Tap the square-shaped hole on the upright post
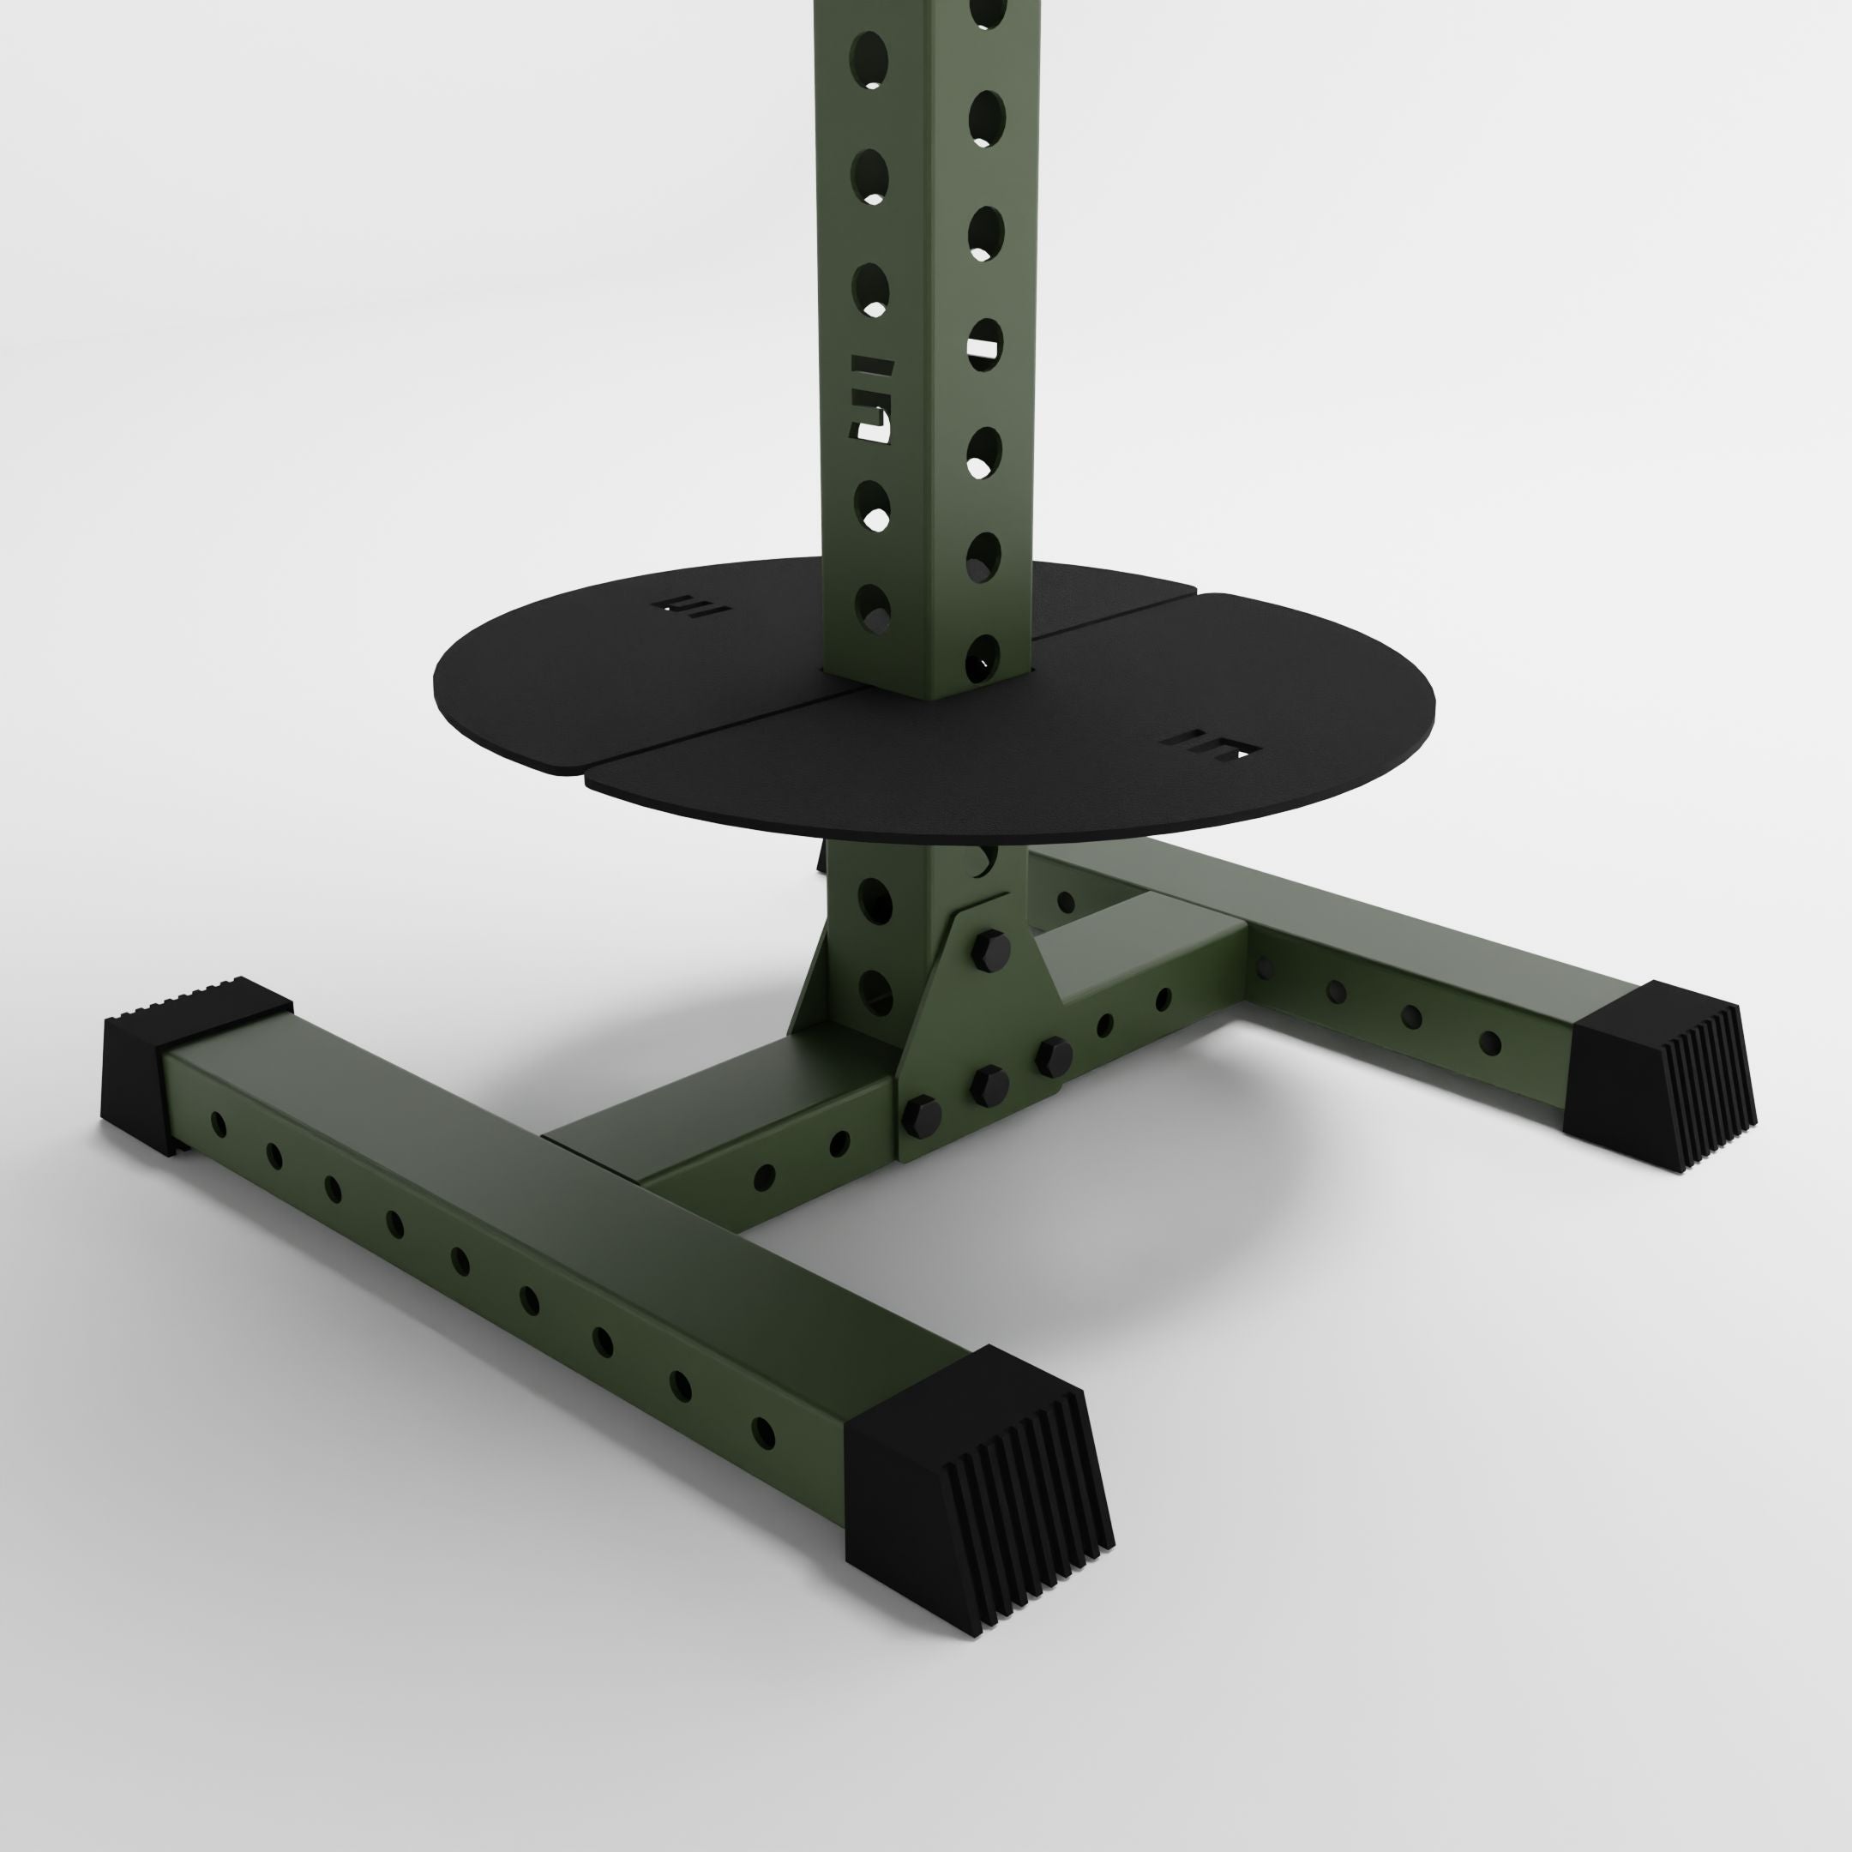pos(985,342)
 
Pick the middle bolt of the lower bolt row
pos(989,1083)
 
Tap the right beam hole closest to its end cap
pos(1489,1043)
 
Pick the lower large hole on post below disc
pos(875,988)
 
